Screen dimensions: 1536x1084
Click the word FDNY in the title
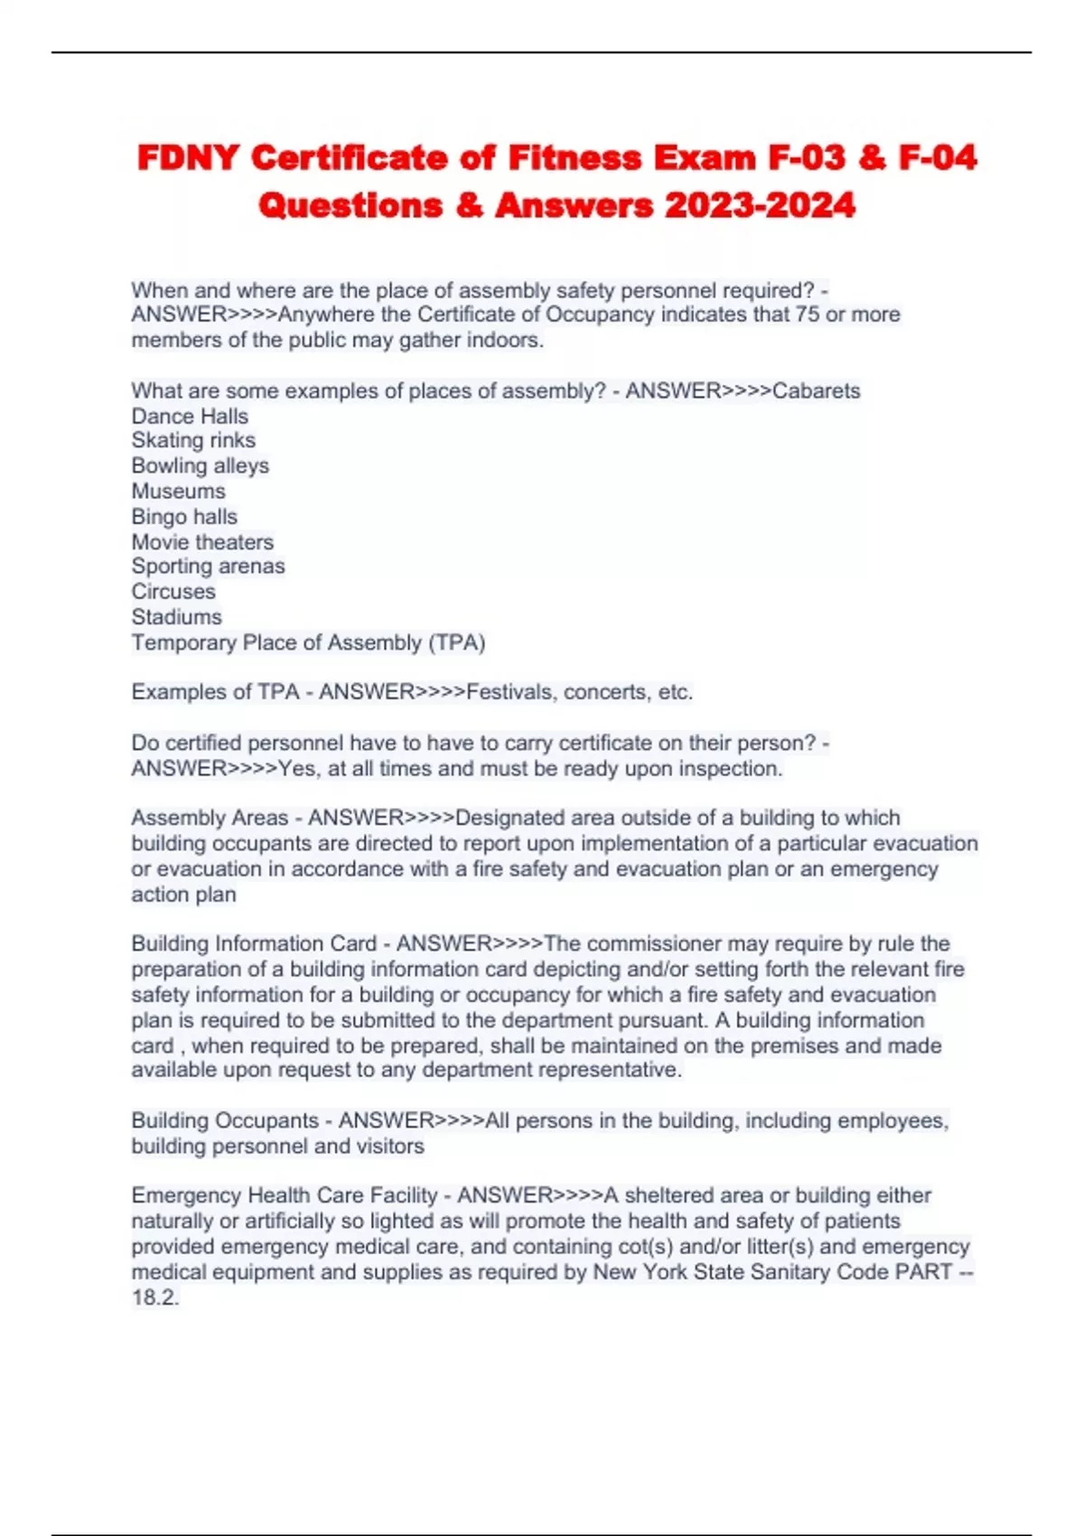click(x=187, y=158)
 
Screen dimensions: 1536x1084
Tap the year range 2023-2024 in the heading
click(x=760, y=206)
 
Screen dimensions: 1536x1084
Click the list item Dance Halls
click(x=190, y=416)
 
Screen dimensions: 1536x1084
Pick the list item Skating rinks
click(x=193, y=440)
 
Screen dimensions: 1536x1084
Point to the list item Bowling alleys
click(x=200, y=465)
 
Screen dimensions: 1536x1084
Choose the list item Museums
click(x=178, y=491)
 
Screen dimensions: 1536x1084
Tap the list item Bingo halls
click(x=184, y=516)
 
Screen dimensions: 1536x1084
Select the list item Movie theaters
click(x=202, y=541)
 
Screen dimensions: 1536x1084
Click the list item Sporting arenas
click(x=208, y=566)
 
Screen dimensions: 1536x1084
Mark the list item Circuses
click(x=173, y=591)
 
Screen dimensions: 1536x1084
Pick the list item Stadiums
click(x=176, y=616)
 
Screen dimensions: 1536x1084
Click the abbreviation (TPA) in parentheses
click(x=456, y=642)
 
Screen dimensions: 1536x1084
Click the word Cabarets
click(x=817, y=390)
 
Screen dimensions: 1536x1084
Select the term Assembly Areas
click(x=210, y=818)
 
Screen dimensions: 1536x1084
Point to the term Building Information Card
click(x=254, y=943)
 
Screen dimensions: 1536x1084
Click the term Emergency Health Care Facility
click(x=285, y=1195)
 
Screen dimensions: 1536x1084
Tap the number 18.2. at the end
click(x=155, y=1297)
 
